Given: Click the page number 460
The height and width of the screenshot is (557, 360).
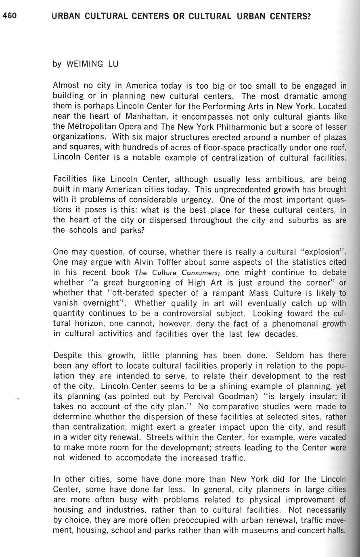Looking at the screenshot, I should pyautogui.click(x=9, y=16).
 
